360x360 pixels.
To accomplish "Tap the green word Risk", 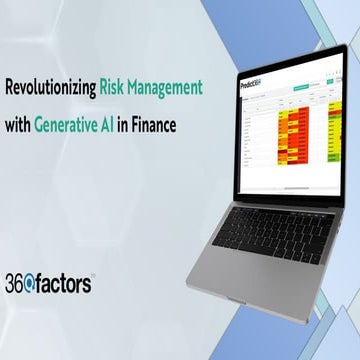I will point(114,86).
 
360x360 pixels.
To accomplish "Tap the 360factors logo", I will point(50,284).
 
